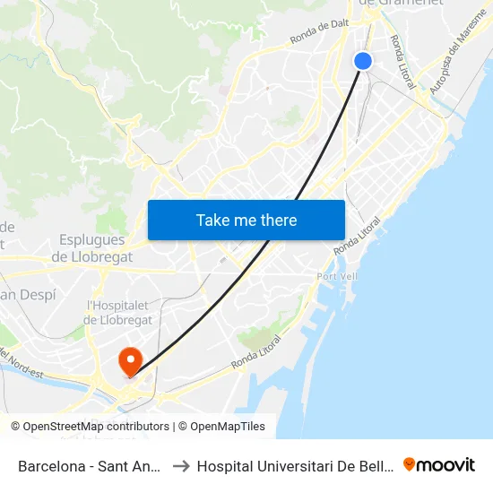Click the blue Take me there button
246,220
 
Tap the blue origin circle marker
363,60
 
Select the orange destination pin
131,361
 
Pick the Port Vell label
337,276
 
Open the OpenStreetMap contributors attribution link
96,427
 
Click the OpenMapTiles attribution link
228,427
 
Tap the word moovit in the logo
446,465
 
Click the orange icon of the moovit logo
411,464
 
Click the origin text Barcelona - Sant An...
90,466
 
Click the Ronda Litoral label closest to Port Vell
358,235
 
